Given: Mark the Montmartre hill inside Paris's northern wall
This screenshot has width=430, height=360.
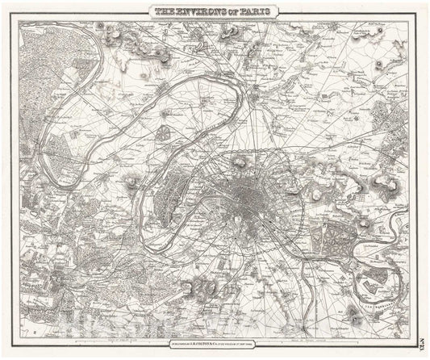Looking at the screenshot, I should pyautogui.click(x=240, y=164).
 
